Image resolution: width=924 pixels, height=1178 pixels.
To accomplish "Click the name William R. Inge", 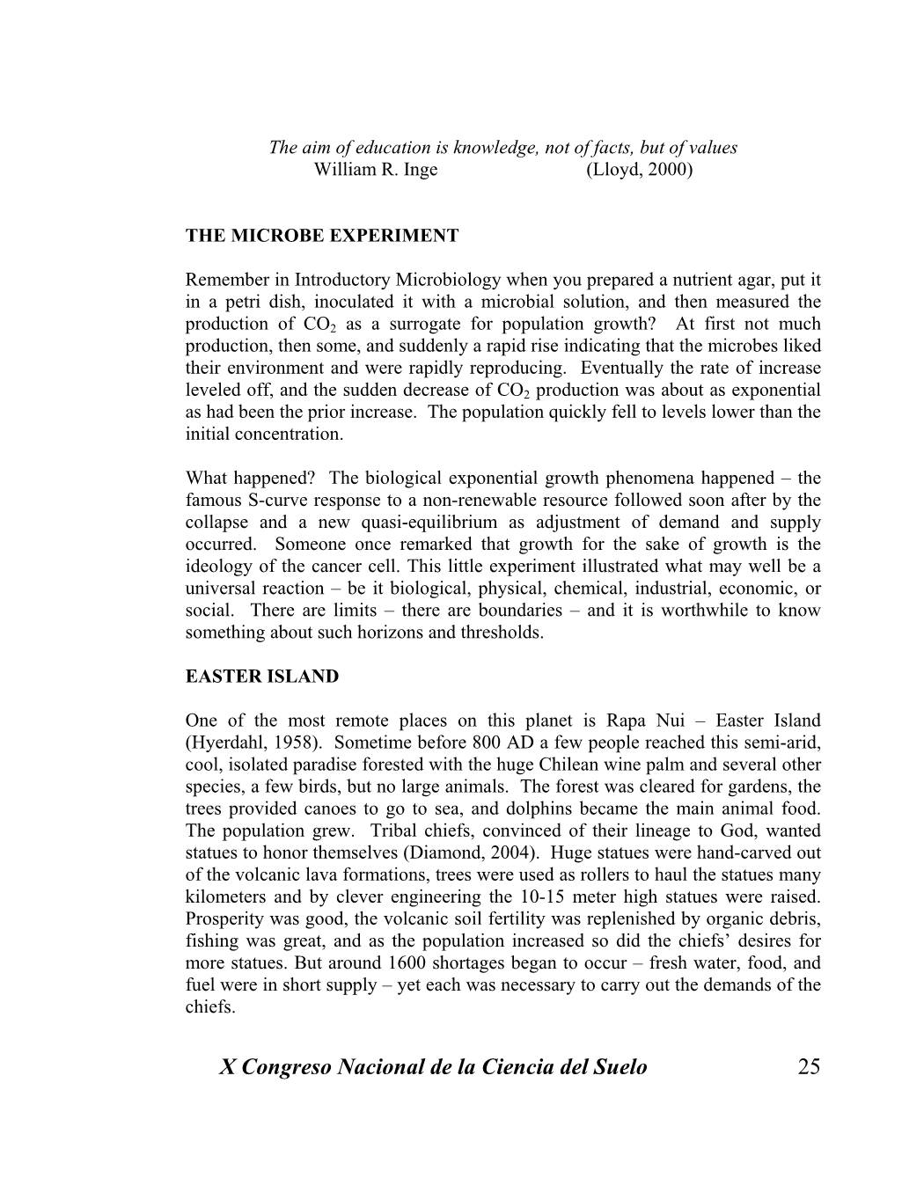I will (x=375, y=170).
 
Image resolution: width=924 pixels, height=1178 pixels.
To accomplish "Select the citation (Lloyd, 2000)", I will (x=639, y=170).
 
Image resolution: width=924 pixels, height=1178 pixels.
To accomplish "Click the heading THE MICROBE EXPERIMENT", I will (x=321, y=236).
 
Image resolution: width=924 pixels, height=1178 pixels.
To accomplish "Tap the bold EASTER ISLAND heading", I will (x=261, y=677).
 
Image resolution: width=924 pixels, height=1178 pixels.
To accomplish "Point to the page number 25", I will (x=808, y=1067).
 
